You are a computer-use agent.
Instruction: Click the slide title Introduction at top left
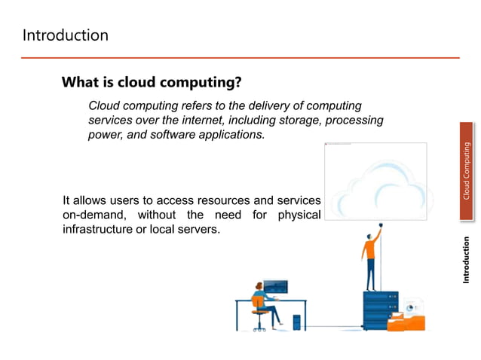tap(65, 35)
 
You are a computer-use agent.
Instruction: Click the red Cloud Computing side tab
tap(467, 172)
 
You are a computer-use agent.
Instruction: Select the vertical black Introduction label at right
tap(467, 260)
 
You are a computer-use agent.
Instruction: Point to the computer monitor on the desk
tap(276, 287)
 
